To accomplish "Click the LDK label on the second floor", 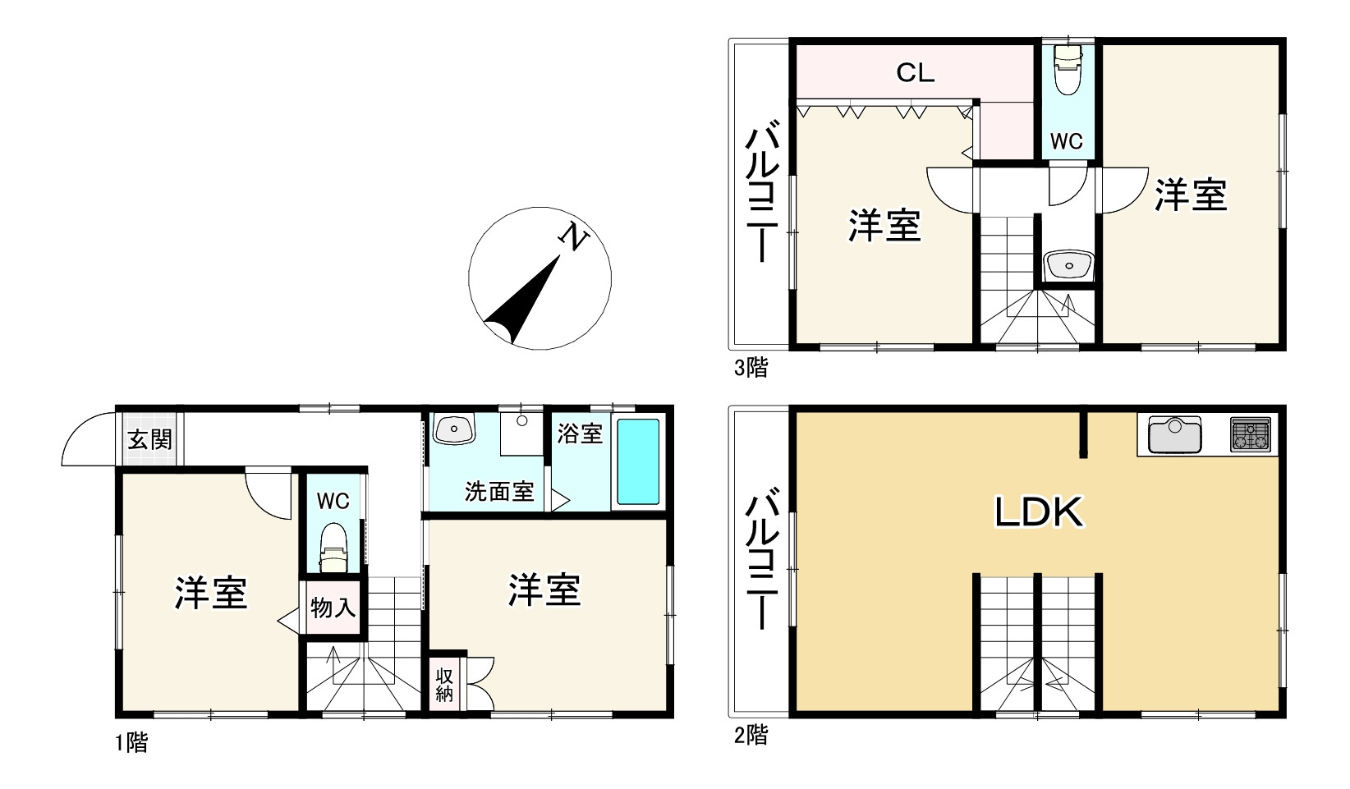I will (x=1040, y=512).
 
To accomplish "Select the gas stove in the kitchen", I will (x=1250, y=433).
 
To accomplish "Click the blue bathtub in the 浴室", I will (x=638, y=462).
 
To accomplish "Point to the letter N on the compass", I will (x=574, y=237).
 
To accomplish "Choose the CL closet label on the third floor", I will (x=915, y=73).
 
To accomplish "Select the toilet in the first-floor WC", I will (x=333, y=548).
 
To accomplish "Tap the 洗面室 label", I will (x=499, y=491).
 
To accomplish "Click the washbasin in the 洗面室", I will (x=454, y=429).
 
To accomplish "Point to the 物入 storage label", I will (x=333, y=608).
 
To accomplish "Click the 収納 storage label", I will (x=444, y=685).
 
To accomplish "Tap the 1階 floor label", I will (x=131, y=744).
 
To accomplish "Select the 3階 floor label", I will (x=751, y=368).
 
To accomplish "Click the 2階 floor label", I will (x=751, y=735).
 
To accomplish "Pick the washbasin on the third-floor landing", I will (x=1068, y=265).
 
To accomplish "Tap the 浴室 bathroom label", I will (x=580, y=433).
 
